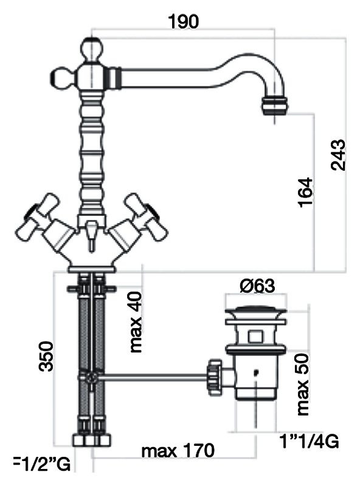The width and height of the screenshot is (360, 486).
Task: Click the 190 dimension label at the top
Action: [x=183, y=22]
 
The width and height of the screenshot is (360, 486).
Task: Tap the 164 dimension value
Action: [x=305, y=192]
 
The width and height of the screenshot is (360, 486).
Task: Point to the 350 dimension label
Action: [x=46, y=356]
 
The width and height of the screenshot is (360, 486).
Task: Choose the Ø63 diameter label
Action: [x=257, y=286]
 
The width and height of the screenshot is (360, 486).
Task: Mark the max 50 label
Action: [x=303, y=385]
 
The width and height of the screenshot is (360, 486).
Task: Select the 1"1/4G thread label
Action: [x=309, y=441]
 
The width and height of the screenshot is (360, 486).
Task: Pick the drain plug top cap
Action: [x=257, y=309]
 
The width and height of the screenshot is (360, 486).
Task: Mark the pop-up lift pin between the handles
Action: [x=91, y=236]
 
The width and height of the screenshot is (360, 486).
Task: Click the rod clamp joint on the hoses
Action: [x=91, y=377]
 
